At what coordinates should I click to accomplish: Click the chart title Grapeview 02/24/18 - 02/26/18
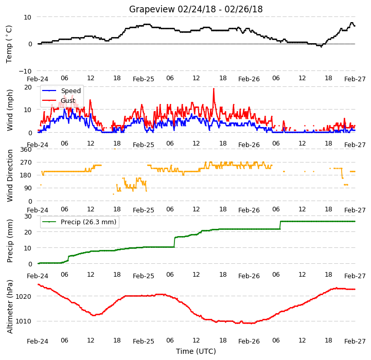point(196,9)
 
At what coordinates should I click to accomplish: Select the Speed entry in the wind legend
point(70,91)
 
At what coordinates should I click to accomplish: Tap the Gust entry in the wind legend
point(68,100)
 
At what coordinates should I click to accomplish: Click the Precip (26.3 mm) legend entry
point(89,222)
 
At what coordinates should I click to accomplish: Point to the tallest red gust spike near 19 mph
point(214,89)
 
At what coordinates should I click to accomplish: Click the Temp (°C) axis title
point(9,44)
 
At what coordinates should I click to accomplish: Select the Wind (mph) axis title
point(9,110)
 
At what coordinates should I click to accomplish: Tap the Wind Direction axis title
point(10,175)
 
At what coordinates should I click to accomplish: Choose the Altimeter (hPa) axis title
point(10,307)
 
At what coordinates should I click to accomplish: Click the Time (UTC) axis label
point(196,351)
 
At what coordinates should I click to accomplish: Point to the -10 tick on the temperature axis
point(25,71)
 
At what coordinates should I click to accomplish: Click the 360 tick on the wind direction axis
point(26,150)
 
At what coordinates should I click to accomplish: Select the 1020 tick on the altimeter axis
point(24,296)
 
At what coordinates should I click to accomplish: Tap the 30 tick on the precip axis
point(28,217)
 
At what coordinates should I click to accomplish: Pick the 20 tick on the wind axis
point(28,87)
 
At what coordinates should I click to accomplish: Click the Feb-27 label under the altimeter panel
point(355,341)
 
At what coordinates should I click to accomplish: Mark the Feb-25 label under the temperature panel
point(144,79)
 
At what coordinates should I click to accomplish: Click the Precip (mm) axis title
point(9,241)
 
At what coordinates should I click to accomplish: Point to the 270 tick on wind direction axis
point(26,163)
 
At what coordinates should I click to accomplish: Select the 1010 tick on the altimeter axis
point(24,321)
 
